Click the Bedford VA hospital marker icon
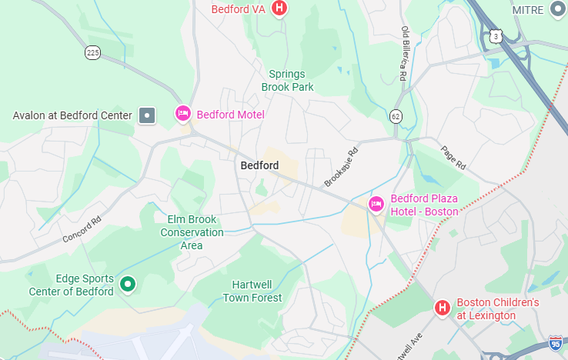pyautogui.click(x=280, y=8)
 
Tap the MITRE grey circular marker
pyautogui.click(x=558, y=9)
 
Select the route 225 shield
pyautogui.click(x=93, y=52)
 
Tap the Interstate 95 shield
pyautogui.click(x=556, y=344)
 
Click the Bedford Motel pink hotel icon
pyautogui.click(x=182, y=114)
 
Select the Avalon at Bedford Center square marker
pyautogui.click(x=146, y=115)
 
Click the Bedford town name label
pyautogui.click(x=259, y=165)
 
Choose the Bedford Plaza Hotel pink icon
pyautogui.click(x=376, y=204)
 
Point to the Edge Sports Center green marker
pyautogui.click(x=129, y=285)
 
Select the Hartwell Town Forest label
pyautogui.click(x=252, y=291)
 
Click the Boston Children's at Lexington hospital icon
pyautogui.click(x=443, y=308)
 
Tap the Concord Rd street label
pyautogui.click(x=82, y=228)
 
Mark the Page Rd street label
pyautogui.click(x=453, y=158)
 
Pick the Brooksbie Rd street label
pyautogui.click(x=341, y=166)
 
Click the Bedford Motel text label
pyautogui.click(x=230, y=115)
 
